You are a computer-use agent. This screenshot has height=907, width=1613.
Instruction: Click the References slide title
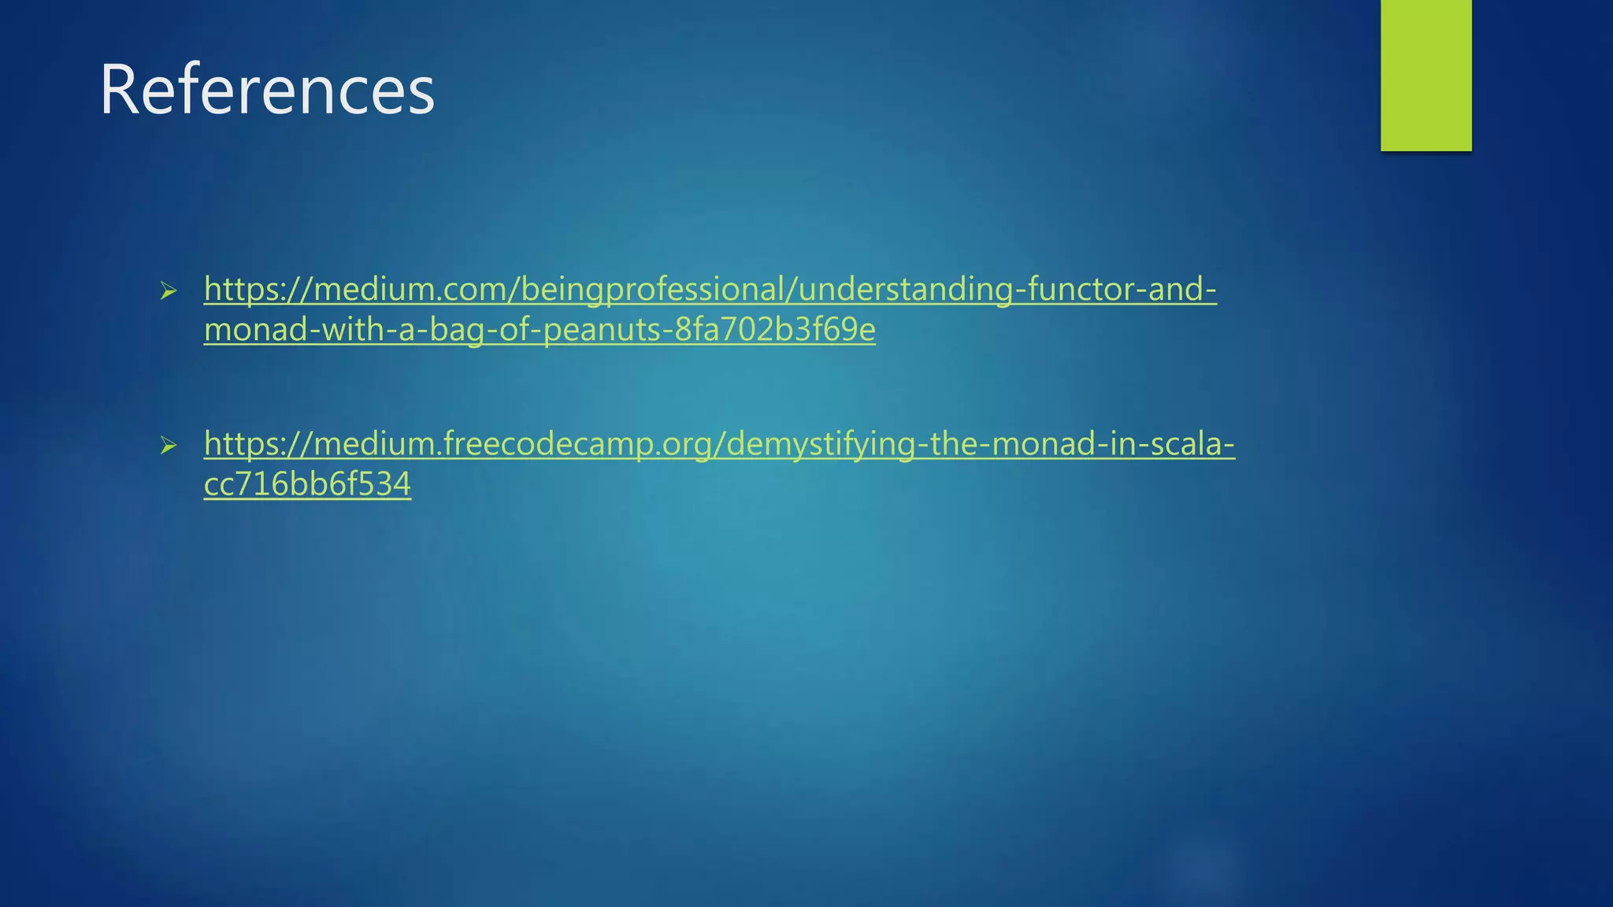(266, 90)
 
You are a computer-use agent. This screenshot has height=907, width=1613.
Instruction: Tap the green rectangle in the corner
(1426, 76)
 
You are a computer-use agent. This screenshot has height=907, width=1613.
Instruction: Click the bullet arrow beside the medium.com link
(168, 291)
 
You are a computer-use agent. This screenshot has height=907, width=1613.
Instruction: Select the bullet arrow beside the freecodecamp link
(168, 446)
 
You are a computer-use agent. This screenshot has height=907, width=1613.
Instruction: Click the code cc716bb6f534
(307, 484)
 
